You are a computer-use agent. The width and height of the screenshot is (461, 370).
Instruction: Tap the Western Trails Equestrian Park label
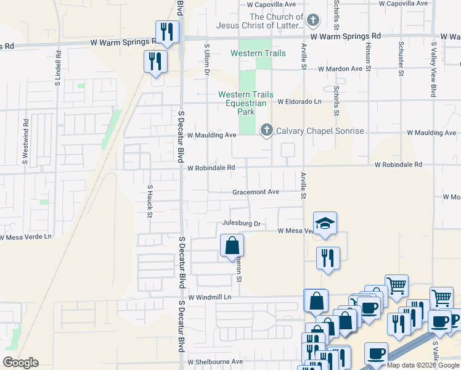(245, 103)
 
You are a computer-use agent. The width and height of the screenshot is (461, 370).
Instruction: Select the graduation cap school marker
(325, 224)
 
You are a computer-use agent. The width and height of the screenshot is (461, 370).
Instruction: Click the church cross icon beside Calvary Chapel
(266, 130)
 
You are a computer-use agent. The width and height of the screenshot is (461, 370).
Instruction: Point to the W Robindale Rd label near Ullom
(211, 168)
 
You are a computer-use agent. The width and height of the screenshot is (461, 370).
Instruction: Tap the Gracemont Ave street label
(256, 192)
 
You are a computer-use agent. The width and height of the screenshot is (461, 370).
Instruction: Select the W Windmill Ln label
(210, 297)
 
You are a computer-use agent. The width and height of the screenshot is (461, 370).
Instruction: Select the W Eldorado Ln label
(300, 101)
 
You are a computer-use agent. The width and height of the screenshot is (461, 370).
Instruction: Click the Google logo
(20, 363)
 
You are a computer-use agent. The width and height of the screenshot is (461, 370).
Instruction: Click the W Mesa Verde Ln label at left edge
(27, 237)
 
